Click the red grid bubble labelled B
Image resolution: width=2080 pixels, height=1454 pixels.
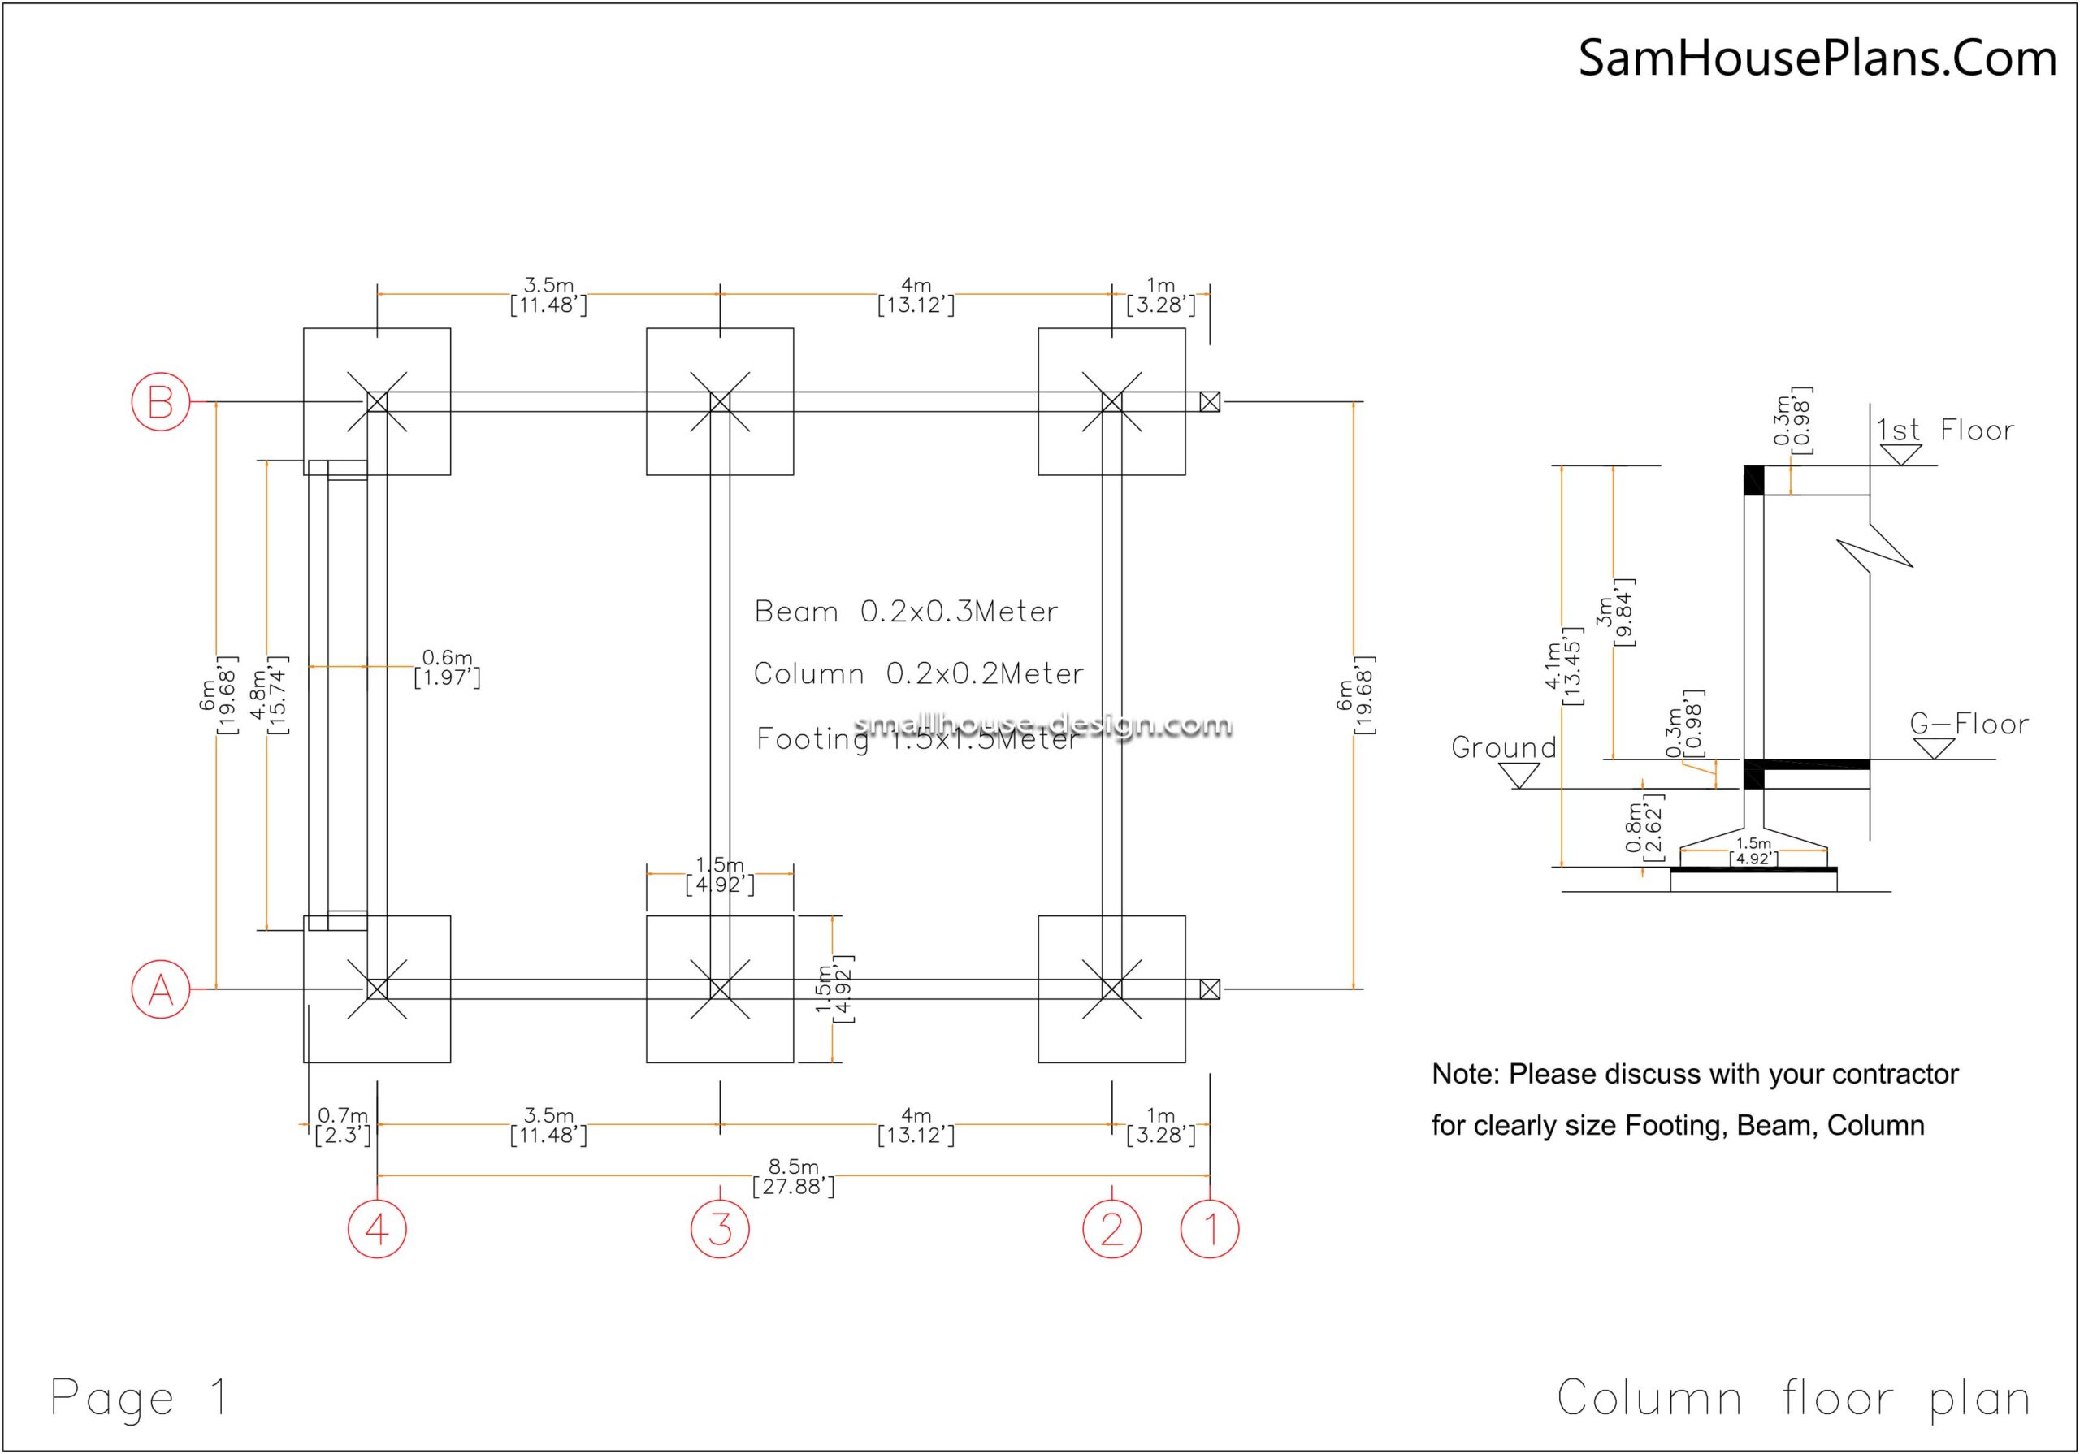click(x=161, y=401)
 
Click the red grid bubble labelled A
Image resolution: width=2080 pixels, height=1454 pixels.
click(x=161, y=989)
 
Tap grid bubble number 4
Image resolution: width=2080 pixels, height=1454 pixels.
click(x=377, y=1229)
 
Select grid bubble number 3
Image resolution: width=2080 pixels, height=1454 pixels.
click(x=720, y=1229)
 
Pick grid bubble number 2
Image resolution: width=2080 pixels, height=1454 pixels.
click(x=1111, y=1229)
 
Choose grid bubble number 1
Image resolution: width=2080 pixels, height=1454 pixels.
click(x=1210, y=1229)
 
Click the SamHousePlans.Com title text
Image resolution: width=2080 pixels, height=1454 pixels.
click(x=1817, y=58)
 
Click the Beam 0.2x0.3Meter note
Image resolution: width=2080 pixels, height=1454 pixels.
click(x=906, y=612)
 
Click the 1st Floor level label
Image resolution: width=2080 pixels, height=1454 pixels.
click(x=1944, y=431)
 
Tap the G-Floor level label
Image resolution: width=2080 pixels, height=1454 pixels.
click(x=1969, y=724)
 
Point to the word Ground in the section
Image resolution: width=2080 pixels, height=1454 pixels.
click(x=1504, y=748)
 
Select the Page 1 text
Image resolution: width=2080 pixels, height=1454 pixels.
click(x=140, y=1397)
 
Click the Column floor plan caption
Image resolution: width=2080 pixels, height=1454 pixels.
click(x=1794, y=1398)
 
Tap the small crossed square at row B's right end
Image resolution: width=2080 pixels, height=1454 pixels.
click(x=1210, y=401)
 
